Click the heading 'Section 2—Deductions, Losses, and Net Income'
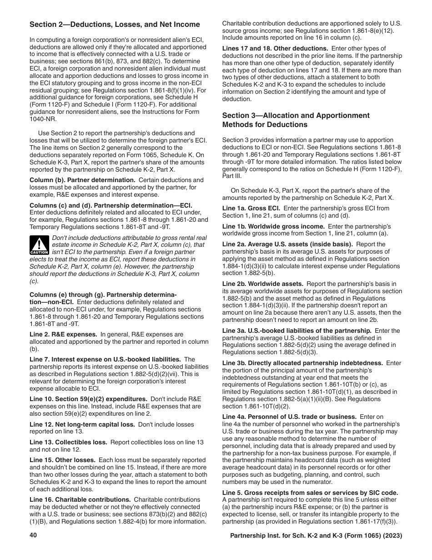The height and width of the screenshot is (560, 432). click(x=115, y=25)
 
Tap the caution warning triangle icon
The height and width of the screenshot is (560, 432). click(x=40, y=245)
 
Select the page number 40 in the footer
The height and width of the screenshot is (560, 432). click(x=33, y=536)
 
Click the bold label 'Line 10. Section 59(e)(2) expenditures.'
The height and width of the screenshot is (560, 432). click(x=88, y=398)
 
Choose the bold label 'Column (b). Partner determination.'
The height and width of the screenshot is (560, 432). click(x=82, y=180)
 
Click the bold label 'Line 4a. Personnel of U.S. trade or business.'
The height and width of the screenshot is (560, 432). click(x=289, y=417)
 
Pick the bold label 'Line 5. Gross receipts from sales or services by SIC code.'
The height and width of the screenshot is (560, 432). click(x=310, y=493)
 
